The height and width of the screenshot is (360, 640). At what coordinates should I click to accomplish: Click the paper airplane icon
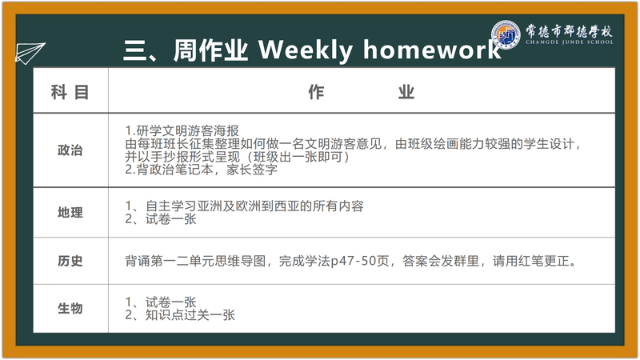click(x=30, y=53)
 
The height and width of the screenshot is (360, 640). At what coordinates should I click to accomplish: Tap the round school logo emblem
click(x=506, y=34)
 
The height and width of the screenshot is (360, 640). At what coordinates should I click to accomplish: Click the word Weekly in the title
click(x=306, y=50)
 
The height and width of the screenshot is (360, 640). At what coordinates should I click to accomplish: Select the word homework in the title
click(x=432, y=50)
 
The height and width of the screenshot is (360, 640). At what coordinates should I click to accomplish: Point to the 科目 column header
click(x=70, y=92)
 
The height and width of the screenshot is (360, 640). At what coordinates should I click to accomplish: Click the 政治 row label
click(x=70, y=150)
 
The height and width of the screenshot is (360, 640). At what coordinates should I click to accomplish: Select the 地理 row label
click(x=70, y=213)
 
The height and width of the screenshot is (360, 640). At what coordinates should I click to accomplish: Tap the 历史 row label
click(x=70, y=261)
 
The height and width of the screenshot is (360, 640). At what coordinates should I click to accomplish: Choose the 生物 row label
click(x=70, y=308)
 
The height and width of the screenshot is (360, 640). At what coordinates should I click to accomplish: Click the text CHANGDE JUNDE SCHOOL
click(x=569, y=42)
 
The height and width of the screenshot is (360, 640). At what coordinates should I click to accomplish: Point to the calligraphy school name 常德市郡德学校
click(x=569, y=30)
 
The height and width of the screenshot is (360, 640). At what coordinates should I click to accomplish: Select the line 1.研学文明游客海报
click(x=182, y=131)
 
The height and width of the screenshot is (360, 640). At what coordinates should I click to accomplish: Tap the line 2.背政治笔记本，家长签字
click(x=202, y=170)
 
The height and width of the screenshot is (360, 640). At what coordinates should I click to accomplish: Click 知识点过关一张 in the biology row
click(x=190, y=315)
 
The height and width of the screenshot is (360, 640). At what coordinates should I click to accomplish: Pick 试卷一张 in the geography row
click(x=171, y=219)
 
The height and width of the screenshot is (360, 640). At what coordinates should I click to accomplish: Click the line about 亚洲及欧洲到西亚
click(x=244, y=206)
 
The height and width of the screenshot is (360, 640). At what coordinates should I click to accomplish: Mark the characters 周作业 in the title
click(x=210, y=50)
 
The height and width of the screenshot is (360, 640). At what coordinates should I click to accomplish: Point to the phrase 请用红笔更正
click(x=534, y=261)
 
